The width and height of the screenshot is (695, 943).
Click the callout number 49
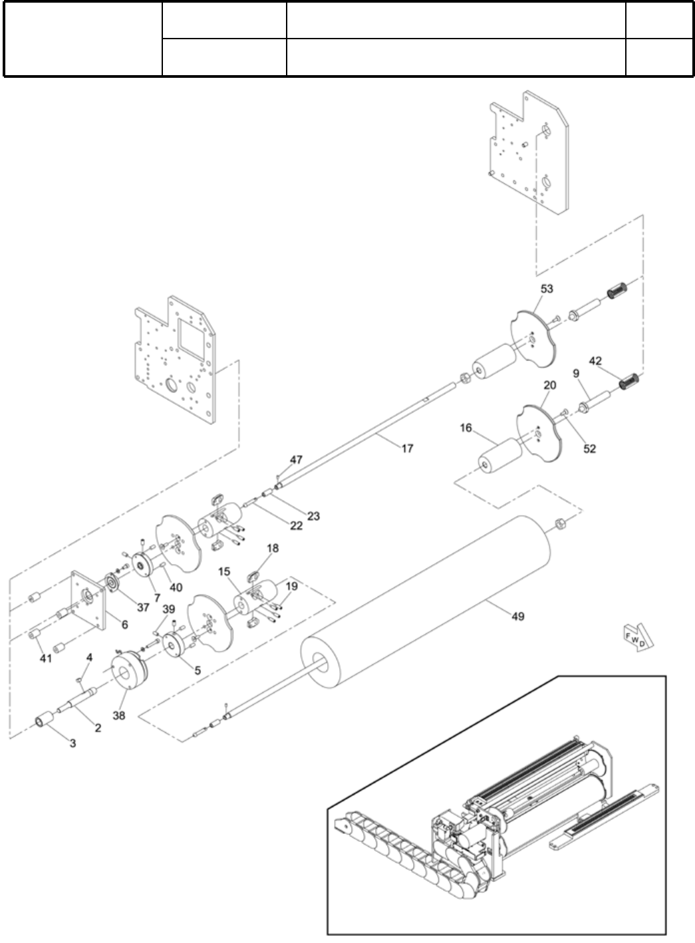pos(518,616)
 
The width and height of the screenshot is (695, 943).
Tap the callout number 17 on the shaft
pos(407,448)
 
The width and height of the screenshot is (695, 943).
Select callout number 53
pos(547,289)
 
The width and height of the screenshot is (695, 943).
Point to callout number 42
pos(595,361)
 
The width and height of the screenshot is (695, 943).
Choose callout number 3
pos(73,743)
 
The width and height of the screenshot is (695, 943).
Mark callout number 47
pos(296,460)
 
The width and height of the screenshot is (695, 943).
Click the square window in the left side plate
pos(192,337)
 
